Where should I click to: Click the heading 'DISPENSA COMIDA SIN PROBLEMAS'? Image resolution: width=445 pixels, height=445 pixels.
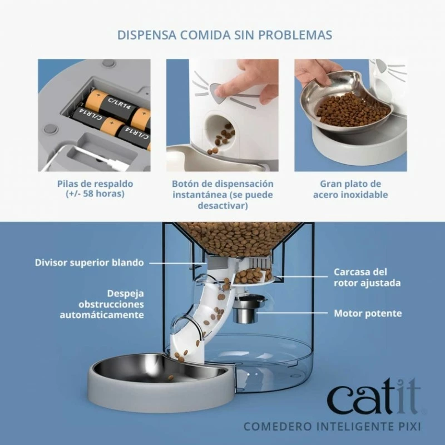225,35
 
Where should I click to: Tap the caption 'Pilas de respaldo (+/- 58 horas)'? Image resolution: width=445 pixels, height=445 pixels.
95,189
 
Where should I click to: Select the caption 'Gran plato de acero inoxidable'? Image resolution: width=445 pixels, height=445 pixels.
350,189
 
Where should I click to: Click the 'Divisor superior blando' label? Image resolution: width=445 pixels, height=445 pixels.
89,263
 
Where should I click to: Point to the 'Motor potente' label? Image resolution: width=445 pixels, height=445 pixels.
368,313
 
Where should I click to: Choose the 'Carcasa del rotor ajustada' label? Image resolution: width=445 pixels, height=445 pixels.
367,277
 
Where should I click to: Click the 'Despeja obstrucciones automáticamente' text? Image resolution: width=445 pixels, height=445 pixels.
102,304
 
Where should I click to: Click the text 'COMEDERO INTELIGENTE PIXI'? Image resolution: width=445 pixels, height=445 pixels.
332,427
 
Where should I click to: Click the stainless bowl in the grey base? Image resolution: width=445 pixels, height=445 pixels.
159,369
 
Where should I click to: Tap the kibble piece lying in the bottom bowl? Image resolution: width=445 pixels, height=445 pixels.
171,378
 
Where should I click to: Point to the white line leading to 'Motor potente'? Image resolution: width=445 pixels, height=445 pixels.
293,313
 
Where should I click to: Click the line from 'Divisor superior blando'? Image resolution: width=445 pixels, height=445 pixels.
178,263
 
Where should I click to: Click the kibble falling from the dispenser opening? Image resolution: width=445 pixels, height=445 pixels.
214,150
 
